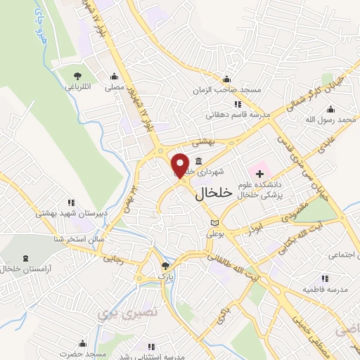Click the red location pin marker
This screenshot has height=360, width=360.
(181, 165)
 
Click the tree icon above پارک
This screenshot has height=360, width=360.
(165, 266)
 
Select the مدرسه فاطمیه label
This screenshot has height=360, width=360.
(326, 289)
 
